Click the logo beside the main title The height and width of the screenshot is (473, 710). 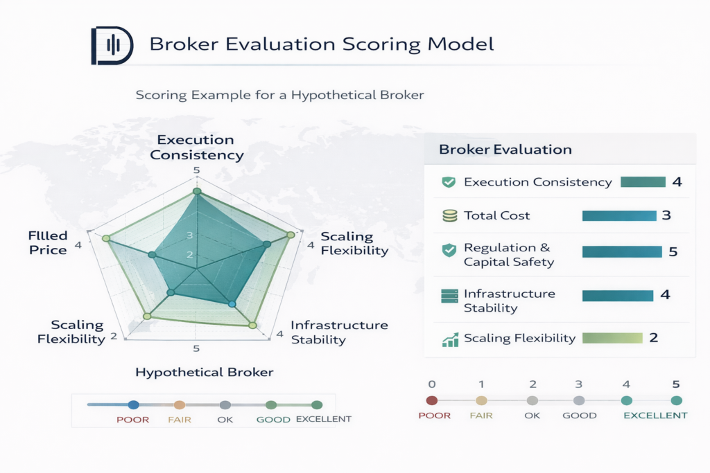pos(112,46)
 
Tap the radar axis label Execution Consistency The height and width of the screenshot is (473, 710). pos(197,148)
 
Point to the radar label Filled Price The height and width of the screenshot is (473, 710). pos(49,242)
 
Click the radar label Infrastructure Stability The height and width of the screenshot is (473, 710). pos(339,332)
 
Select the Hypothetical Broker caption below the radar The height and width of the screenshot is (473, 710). pos(205,373)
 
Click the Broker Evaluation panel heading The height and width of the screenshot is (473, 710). pos(505,150)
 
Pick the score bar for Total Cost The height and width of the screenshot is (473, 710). pos(619,216)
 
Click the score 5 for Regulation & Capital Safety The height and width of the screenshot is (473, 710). pos(673,251)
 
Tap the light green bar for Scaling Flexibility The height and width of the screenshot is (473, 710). pos(612,338)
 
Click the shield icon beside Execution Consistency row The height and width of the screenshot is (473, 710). pos(449,182)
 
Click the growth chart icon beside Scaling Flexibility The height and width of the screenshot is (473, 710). pos(449,339)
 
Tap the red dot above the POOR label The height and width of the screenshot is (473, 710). pos(432,400)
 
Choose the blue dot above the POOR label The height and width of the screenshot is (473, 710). pos(133,405)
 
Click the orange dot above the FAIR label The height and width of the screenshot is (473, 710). pos(179,405)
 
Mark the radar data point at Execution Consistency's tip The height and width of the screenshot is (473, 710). pos(197,191)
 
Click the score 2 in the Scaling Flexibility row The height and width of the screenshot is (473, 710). pos(653,338)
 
